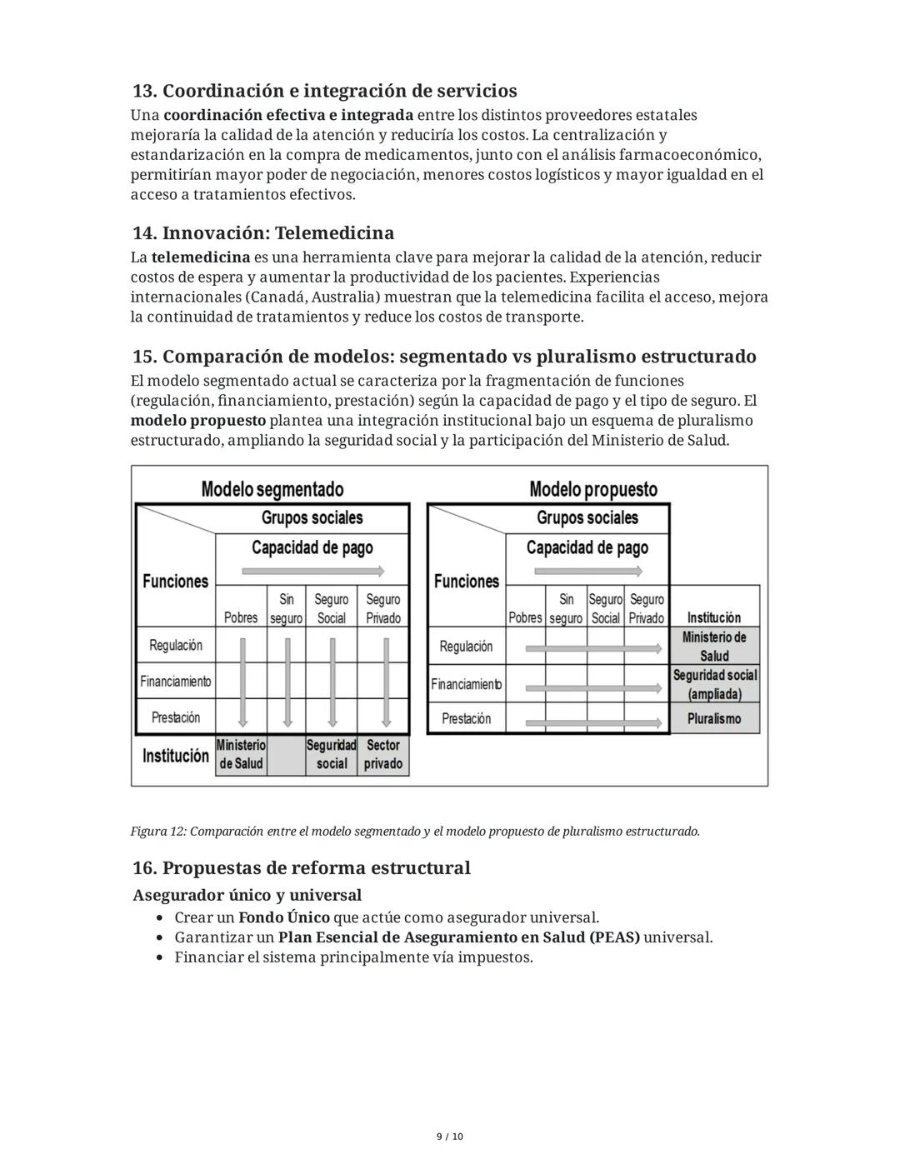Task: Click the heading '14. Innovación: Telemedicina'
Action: pos(262,232)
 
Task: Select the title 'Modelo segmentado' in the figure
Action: pos(272,489)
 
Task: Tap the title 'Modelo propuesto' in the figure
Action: pos(592,489)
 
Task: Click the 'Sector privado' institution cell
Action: pos(383,755)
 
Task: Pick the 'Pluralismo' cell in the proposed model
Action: pos(714,718)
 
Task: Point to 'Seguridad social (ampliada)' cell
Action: pos(714,684)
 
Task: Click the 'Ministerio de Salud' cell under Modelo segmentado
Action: pos(241,755)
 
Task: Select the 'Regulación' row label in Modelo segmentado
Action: pos(176,645)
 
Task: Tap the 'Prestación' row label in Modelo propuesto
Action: pos(466,718)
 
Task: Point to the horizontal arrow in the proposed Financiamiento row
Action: pos(595,685)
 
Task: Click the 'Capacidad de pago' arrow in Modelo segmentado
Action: pos(313,571)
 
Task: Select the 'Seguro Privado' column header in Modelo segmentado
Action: pos(383,608)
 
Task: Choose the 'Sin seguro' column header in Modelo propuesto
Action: pos(566,608)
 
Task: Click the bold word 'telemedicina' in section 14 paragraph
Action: pos(201,257)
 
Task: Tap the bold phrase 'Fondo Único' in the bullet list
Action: pos(283,917)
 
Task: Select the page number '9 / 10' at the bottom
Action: pos(450,1137)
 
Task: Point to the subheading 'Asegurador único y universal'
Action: pos(247,895)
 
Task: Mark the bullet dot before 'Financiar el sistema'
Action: pos(161,957)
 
